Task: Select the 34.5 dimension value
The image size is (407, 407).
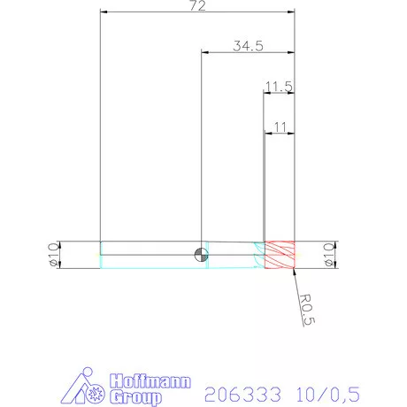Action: [248, 47]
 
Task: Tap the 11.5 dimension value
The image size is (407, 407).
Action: [279, 86]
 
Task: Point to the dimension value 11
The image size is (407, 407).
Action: [280, 127]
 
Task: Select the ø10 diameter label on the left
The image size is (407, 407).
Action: [51, 255]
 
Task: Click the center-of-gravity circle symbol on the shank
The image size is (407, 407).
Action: [203, 256]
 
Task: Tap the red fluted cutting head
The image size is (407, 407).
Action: [280, 255]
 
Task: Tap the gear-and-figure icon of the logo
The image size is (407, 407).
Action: [88, 387]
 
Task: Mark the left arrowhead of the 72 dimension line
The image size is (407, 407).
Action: [104, 13]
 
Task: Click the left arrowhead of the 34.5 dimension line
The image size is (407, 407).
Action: [206, 53]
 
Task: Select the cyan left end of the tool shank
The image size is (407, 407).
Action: [103, 255]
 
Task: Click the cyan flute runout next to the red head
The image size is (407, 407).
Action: [258, 255]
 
